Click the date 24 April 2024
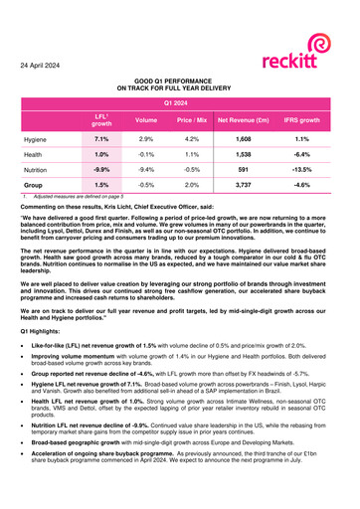pos(46,65)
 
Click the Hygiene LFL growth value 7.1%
pos(101,140)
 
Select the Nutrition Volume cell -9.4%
pos(146,169)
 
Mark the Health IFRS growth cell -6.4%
pos(302,155)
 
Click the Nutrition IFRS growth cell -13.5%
pos(302,169)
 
